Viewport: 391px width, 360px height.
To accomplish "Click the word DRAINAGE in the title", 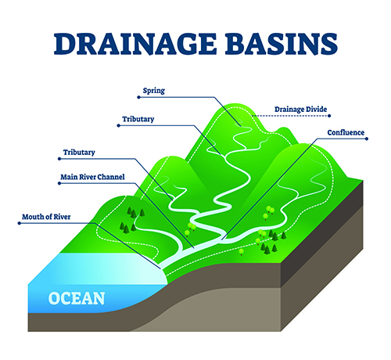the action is pyautogui.click(x=135, y=44).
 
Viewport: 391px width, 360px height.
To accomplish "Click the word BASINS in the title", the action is pyautogui.click(x=282, y=44).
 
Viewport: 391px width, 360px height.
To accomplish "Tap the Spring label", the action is pyautogui.click(x=154, y=91).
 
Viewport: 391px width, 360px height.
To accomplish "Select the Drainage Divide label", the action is pyautogui.click(x=300, y=110).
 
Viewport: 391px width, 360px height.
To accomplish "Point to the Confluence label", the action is pyautogui.click(x=346, y=132).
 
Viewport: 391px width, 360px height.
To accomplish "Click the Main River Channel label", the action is pyautogui.click(x=92, y=177).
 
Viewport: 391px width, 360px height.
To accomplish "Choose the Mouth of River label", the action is pyautogui.click(x=46, y=217).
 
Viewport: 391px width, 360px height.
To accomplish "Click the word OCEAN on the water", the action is pyautogui.click(x=77, y=298).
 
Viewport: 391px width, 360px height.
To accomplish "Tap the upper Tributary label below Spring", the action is pyautogui.click(x=138, y=119).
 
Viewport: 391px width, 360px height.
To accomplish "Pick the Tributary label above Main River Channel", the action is pyautogui.click(x=79, y=153).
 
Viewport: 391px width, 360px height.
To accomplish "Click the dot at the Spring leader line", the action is pyautogui.click(x=138, y=97).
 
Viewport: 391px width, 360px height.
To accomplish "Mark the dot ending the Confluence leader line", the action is pyautogui.click(x=367, y=139).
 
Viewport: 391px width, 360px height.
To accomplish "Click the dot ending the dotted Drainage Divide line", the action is pyautogui.click(x=329, y=116).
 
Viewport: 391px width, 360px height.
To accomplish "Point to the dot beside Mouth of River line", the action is pyautogui.click(x=20, y=223).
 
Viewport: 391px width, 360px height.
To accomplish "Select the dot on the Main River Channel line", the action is pyautogui.click(x=59, y=183).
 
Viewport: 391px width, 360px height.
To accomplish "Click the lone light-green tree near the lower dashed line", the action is pyautogui.click(x=242, y=252).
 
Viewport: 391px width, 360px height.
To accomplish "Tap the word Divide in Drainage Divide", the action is pyautogui.click(x=317, y=110).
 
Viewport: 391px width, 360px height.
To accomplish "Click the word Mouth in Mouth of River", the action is pyautogui.click(x=30, y=217).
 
